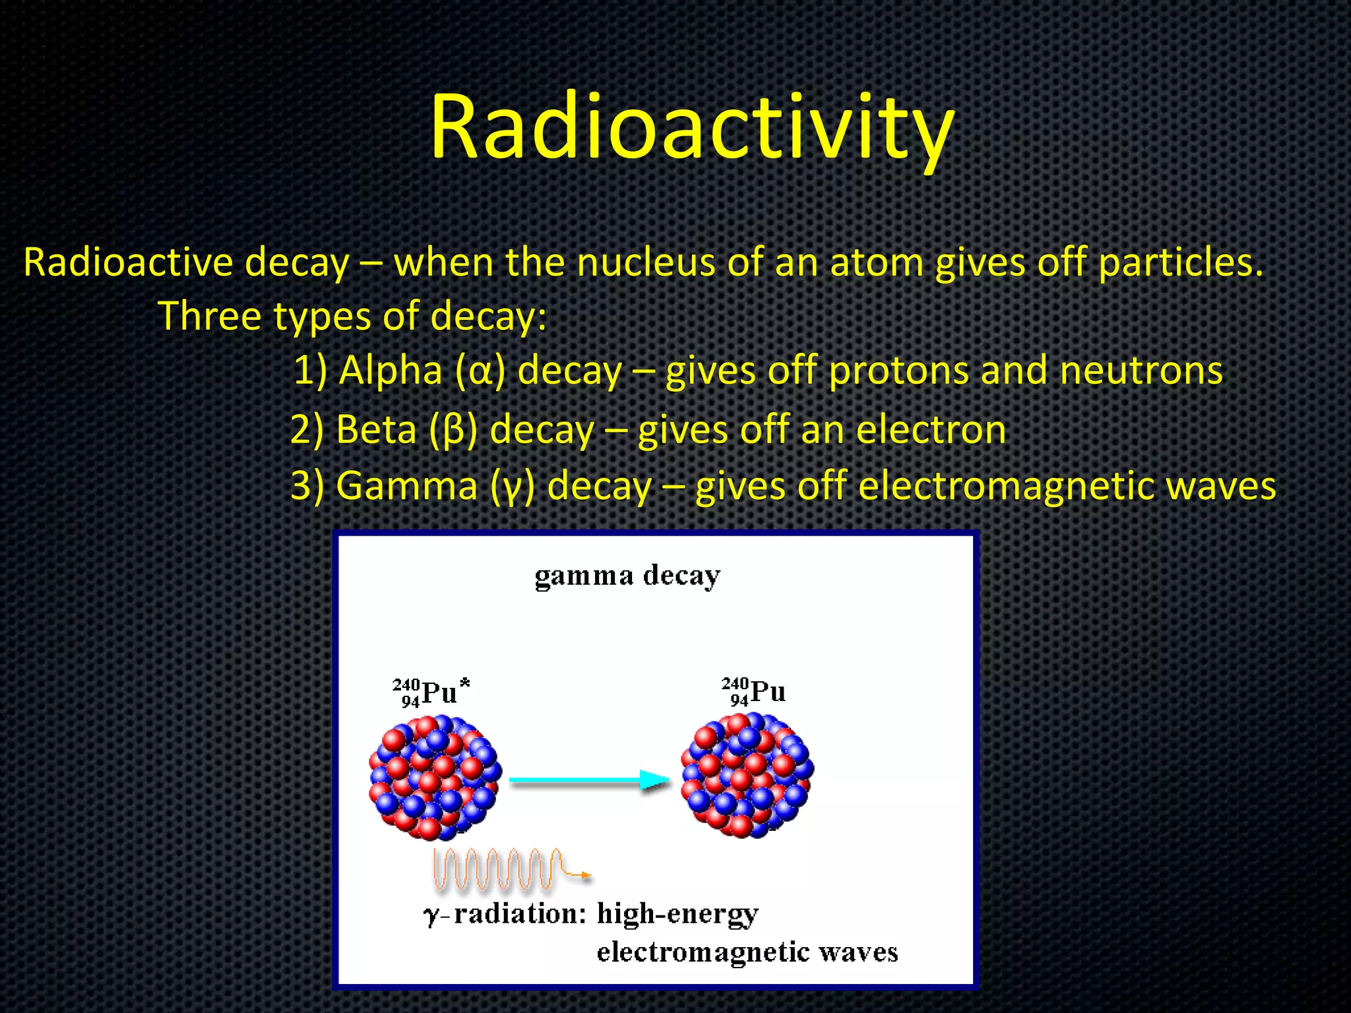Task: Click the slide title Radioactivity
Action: click(x=692, y=127)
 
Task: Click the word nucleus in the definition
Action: click(x=646, y=262)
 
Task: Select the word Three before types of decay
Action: click(x=210, y=316)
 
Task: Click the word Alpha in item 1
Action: click(x=390, y=370)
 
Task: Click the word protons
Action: click(x=898, y=371)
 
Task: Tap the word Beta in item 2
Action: click(x=376, y=429)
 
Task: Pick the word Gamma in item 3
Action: click(x=406, y=486)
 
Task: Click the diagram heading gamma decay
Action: click(x=627, y=576)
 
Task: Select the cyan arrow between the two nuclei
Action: click(x=588, y=780)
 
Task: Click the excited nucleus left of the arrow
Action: click(x=435, y=778)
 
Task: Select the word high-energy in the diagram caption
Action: click(x=677, y=914)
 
